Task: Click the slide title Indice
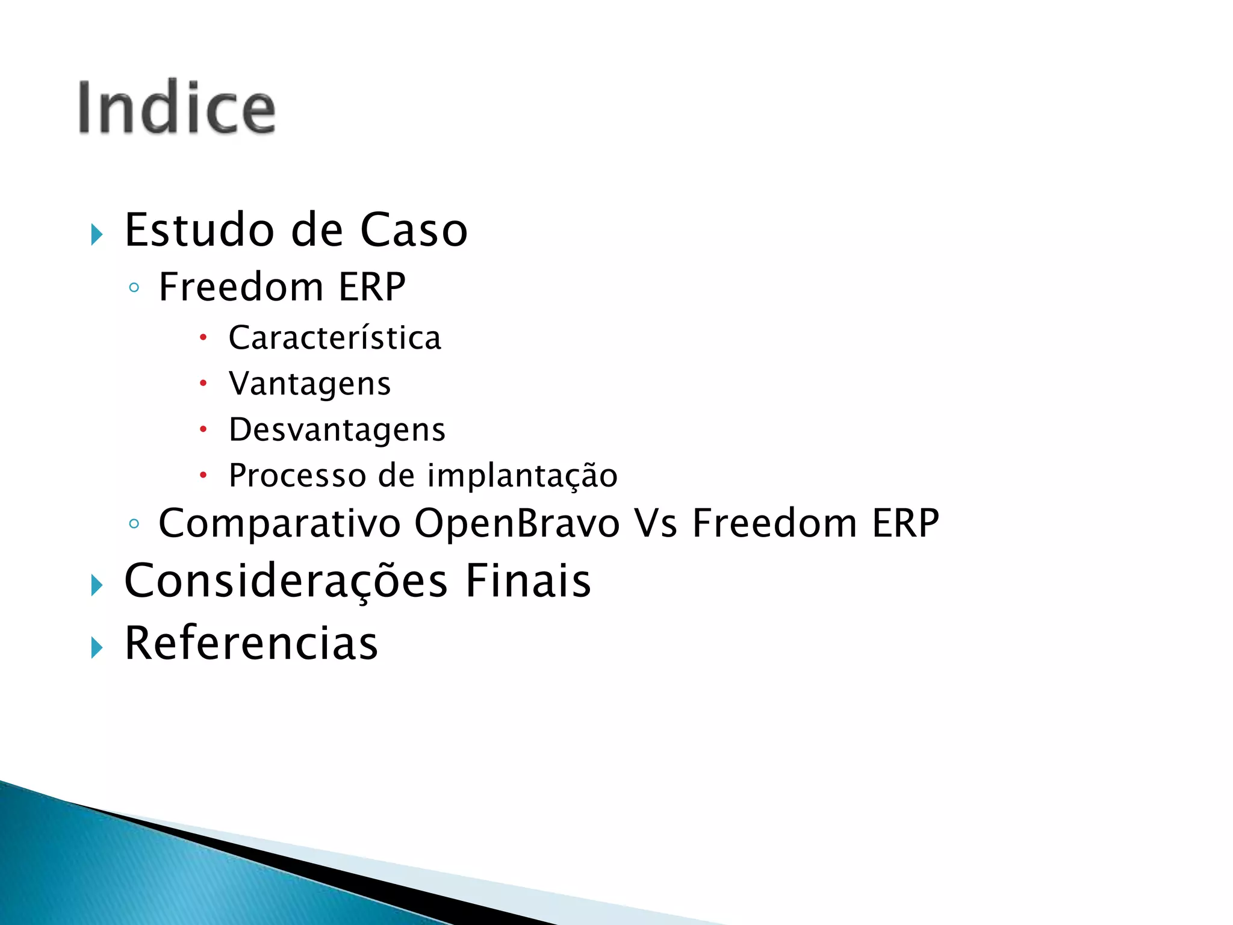176,108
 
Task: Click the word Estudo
199,230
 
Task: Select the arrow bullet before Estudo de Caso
97,234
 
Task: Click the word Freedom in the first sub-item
241,287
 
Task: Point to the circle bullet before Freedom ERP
134,288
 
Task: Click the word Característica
335,338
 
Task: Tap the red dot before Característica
203,337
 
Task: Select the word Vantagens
310,384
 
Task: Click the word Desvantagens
337,430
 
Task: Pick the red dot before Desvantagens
203,429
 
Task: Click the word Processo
297,476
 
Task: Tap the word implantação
523,476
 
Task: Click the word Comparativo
279,523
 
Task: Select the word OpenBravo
517,523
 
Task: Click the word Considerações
286,581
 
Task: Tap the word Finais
528,581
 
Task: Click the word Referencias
251,643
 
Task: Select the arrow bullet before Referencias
97,648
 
